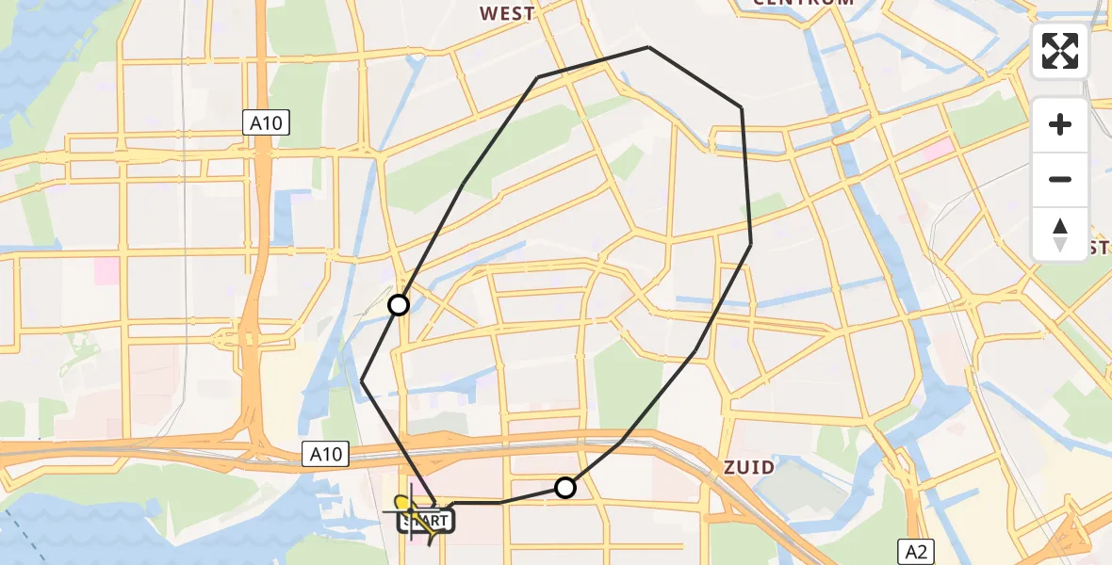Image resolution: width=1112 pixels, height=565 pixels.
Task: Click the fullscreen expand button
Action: point(1060,51)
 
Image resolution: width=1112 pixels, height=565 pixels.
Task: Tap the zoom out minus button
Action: point(1060,179)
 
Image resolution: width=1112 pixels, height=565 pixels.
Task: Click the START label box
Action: point(427,521)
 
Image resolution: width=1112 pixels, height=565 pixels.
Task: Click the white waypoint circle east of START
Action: point(564,487)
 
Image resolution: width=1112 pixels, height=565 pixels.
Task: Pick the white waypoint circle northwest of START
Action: point(399,304)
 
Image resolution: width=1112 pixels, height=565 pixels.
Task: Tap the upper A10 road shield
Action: point(267,122)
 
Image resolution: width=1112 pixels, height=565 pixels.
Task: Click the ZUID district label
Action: point(749,467)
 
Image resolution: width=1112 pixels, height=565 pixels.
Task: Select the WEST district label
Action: point(507,13)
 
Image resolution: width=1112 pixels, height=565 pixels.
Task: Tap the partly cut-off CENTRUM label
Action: point(803,3)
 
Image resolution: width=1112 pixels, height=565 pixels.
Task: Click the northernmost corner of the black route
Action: point(648,47)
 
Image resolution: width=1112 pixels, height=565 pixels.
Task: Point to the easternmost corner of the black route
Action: point(751,244)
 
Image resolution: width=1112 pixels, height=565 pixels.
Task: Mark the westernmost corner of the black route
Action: point(362,380)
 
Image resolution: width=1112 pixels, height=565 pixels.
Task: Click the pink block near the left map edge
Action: point(106,271)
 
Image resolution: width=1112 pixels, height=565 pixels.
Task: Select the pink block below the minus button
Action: point(939,149)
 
